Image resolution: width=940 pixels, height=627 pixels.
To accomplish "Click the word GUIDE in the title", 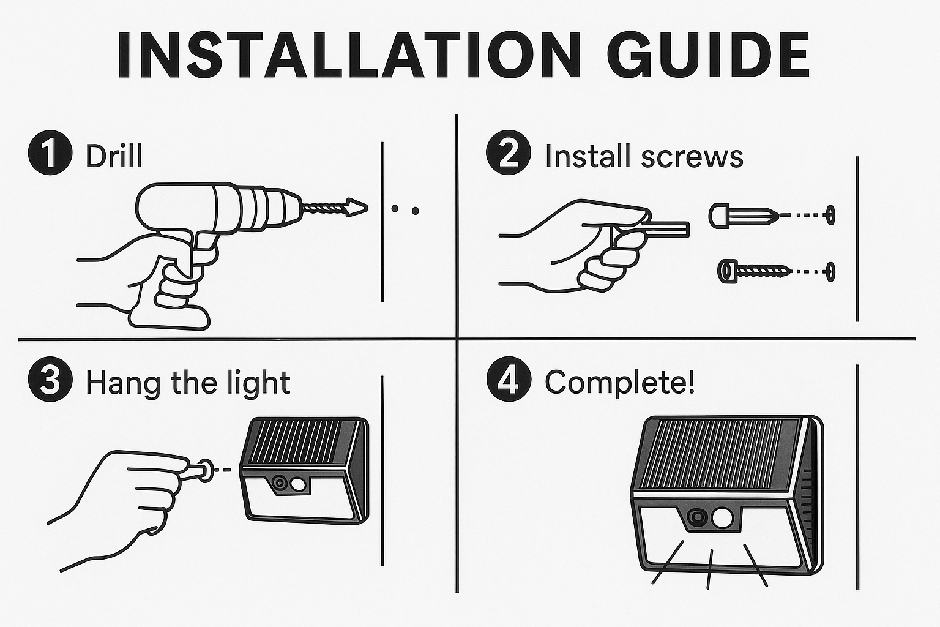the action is (x=708, y=54).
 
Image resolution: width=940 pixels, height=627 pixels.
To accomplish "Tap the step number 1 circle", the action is (x=50, y=153).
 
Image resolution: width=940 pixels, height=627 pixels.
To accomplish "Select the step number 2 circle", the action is (x=508, y=152).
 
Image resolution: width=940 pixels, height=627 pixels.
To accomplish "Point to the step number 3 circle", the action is (x=50, y=380).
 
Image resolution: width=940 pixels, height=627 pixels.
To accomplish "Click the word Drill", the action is (x=114, y=156).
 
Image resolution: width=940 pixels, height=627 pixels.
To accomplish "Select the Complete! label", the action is (x=619, y=383).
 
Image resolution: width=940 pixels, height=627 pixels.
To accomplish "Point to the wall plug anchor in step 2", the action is (x=744, y=216).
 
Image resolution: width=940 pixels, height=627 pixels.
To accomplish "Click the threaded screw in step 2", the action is (x=754, y=271).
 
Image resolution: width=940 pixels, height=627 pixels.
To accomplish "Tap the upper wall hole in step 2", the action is (x=830, y=215).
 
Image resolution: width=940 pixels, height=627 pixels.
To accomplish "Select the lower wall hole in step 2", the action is (x=830, y=272).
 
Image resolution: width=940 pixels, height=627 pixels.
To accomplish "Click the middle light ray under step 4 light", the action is (x=710, y=569).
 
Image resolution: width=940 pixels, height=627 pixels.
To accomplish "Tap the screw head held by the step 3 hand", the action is (x=206, y=470).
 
